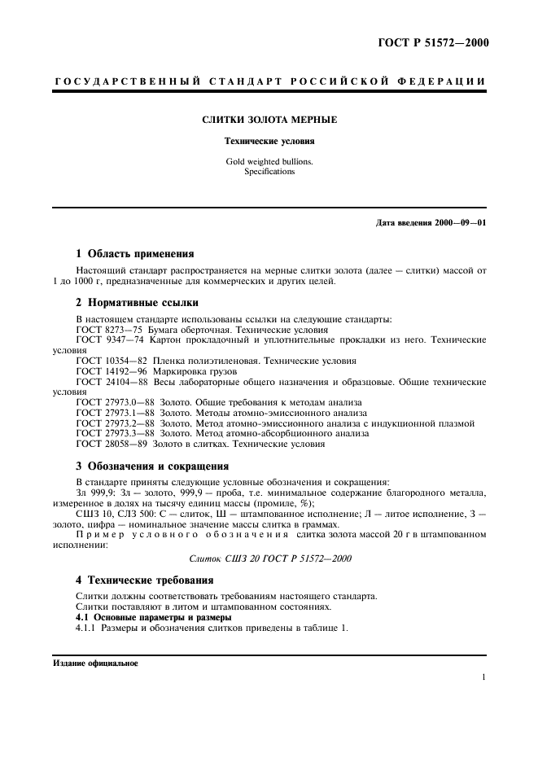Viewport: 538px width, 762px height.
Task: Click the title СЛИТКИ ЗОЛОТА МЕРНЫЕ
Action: coord(269,120)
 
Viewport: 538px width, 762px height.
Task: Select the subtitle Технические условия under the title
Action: coord(269,141)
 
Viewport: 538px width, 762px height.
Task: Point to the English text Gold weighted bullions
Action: coord(269,161)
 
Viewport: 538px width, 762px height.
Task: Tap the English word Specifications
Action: coord(269,172)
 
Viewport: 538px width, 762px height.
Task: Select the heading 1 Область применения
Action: coord(134,253)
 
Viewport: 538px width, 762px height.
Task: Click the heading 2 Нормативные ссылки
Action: coord(137,303)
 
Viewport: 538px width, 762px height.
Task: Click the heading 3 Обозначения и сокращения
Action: coord(152,466)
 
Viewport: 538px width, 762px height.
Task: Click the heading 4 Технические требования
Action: coord(144,580)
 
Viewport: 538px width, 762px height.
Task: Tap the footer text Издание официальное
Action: coord(95,663)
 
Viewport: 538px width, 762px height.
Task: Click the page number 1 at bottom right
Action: coord(483,677)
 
